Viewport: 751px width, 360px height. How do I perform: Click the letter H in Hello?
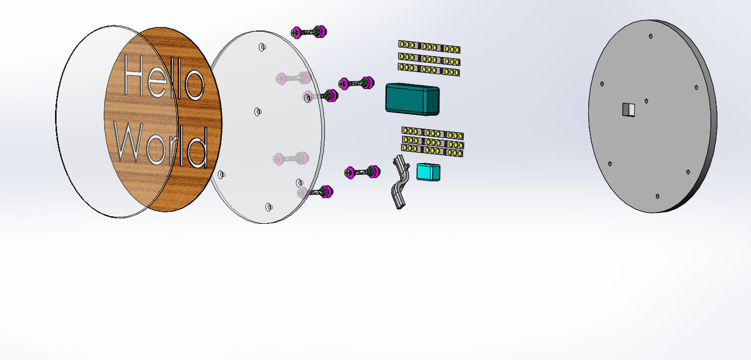(x=134, y=75)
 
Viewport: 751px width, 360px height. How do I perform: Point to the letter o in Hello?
(x=194, y=85)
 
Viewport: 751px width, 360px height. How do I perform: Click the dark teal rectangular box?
(x=413, y=99)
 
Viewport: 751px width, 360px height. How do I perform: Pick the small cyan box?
(x=428, y=172)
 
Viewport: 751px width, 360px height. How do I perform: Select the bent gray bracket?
(x=400, y=182)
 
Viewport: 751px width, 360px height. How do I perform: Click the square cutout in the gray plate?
(x=629, y=110)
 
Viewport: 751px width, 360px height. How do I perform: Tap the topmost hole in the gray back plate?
(x=650, y=36)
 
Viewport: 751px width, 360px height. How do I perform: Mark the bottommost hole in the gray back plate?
(x=657, y=196)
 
